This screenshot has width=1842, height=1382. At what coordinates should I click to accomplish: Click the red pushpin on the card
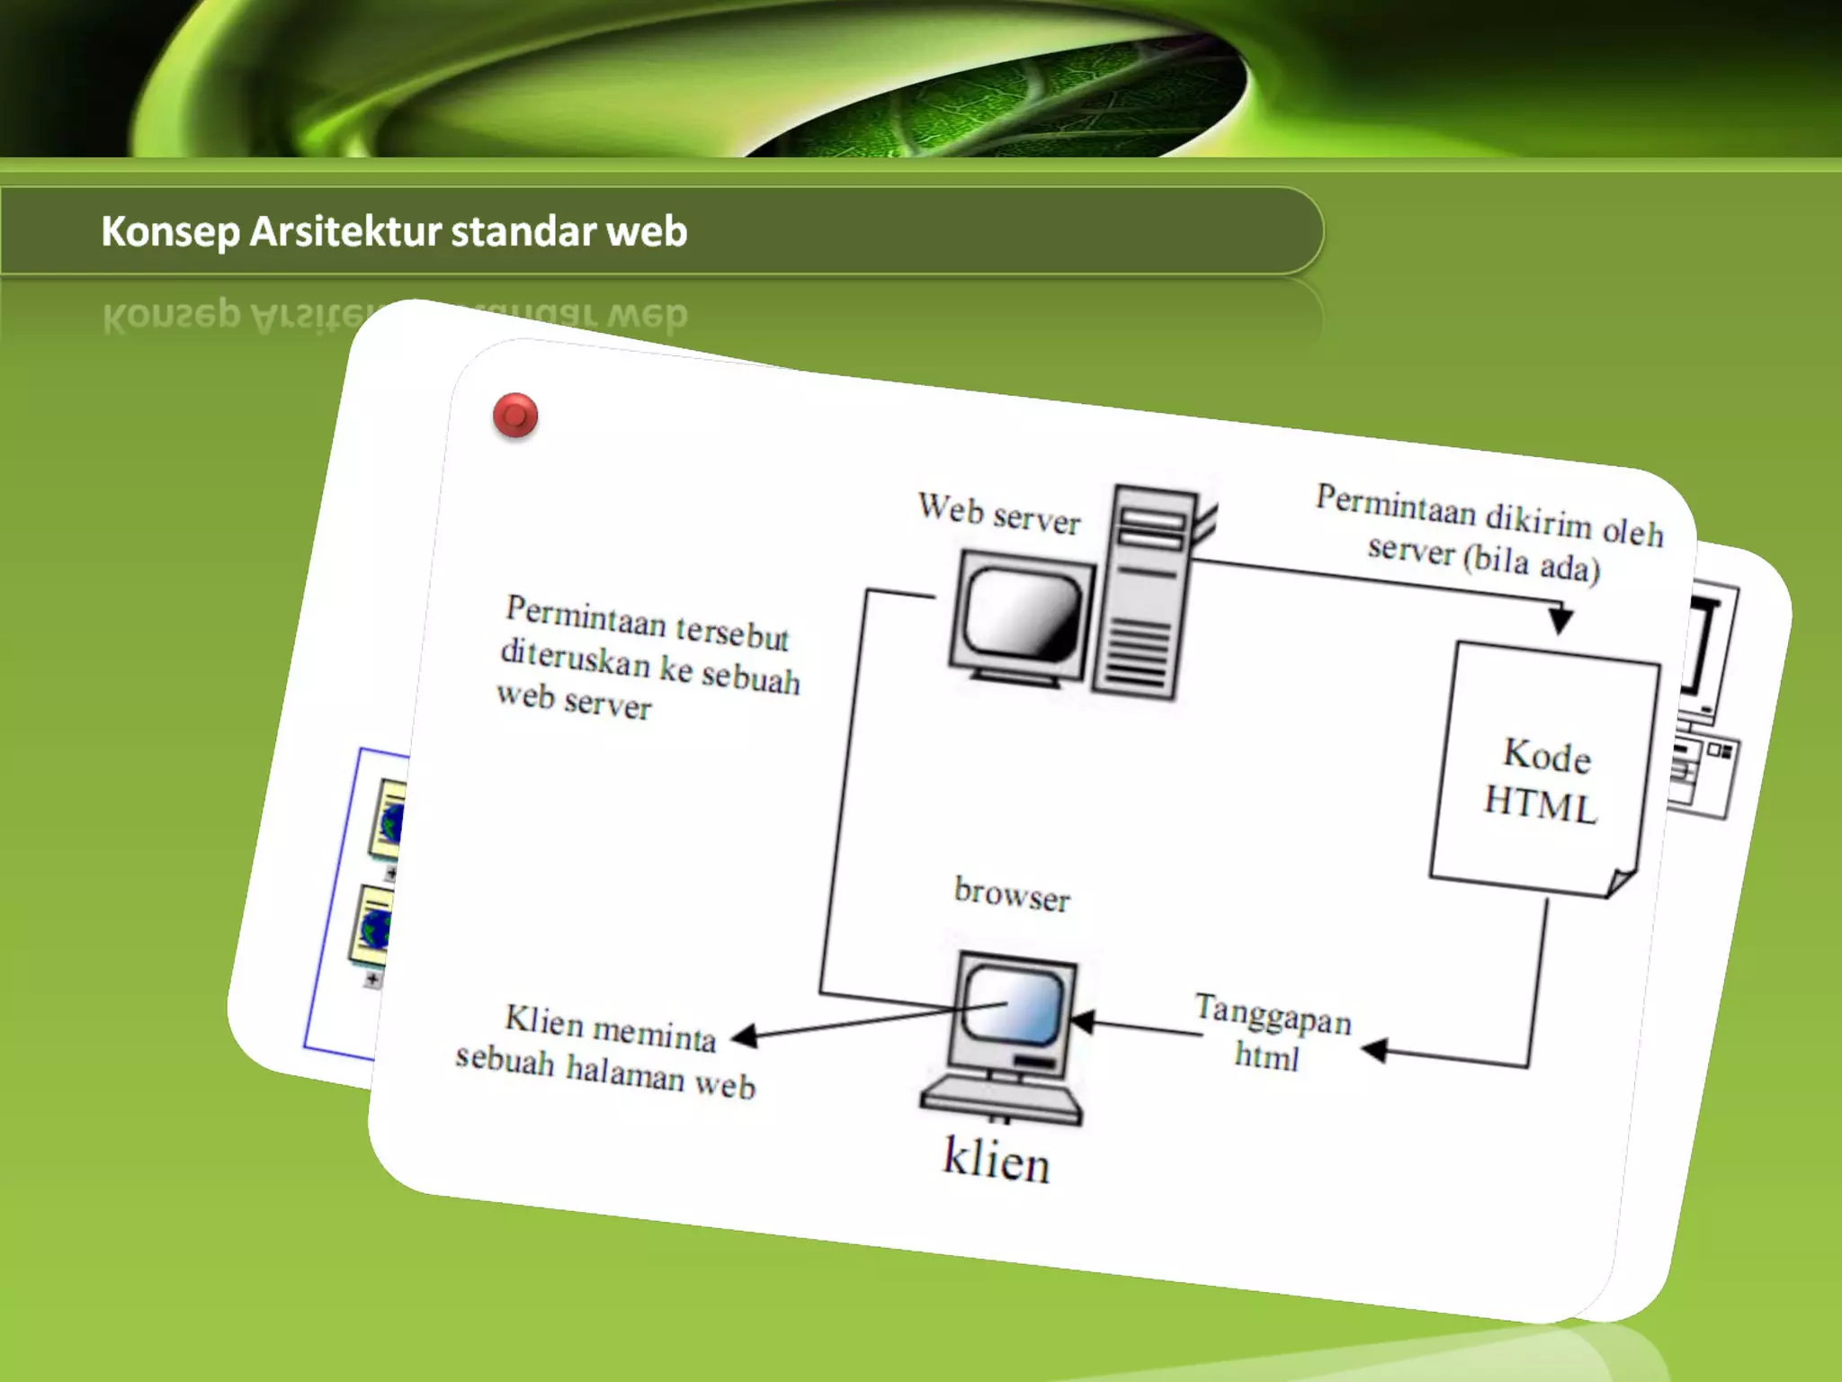[515, 416]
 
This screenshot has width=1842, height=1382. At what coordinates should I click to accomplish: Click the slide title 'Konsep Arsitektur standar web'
[394, 231]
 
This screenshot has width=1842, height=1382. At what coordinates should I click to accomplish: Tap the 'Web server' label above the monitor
[998, 514]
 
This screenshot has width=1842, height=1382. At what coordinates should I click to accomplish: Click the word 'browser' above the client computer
[1012, 893]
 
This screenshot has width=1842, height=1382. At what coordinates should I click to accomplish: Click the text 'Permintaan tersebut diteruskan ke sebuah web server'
[648, 657]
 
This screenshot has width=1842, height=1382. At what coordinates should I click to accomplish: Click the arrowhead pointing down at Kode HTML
[1560, 620]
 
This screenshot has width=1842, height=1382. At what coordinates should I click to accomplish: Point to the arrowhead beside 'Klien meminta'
[745, 1036]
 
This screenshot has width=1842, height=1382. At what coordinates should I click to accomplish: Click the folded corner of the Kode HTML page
[1621, 882]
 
